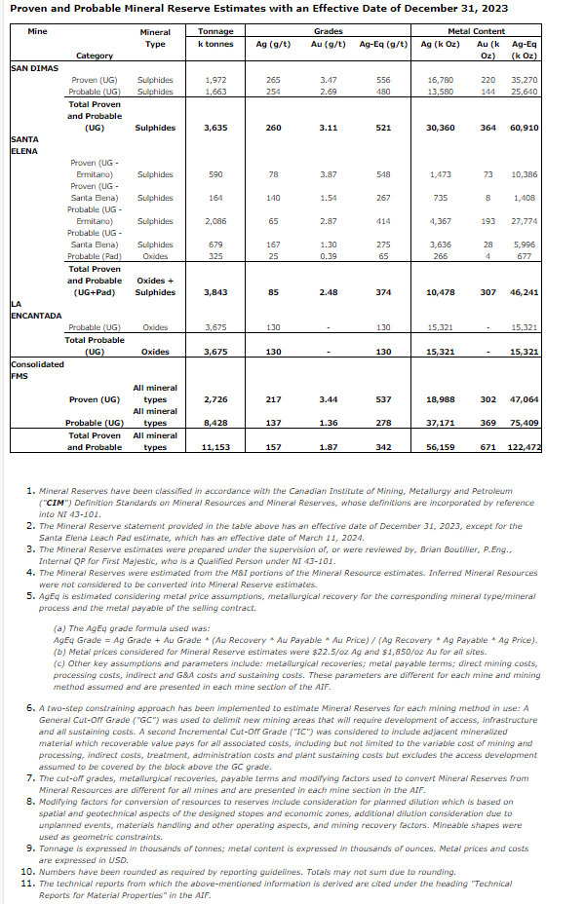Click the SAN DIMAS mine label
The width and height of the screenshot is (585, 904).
coord(32,69)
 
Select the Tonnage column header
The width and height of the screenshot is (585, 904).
coord(214,32)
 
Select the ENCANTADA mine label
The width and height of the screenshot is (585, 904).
coord(36,316)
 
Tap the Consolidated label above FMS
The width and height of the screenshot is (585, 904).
coord(37,364)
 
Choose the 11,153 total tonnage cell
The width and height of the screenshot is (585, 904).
coord(214,447)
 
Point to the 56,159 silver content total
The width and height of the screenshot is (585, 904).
coord(442,447)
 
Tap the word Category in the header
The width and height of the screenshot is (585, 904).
coord(95,56)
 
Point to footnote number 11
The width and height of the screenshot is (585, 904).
coord(28,883)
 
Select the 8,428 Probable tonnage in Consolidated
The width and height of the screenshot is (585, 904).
coord(214,423)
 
